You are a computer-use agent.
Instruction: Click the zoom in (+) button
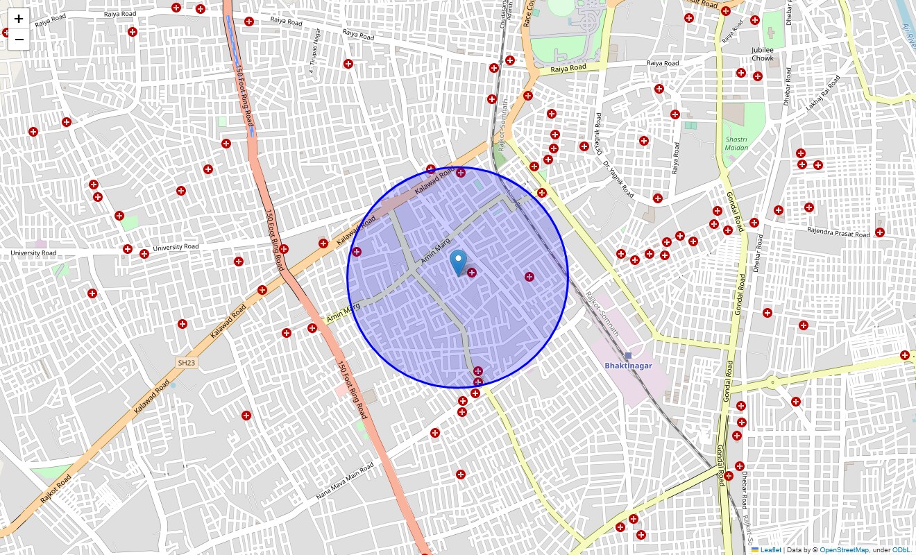(19, 19)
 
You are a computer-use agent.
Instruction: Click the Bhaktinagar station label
(628, 366)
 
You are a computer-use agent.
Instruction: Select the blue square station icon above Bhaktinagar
(629, 355)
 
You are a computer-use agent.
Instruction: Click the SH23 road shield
(185, 362)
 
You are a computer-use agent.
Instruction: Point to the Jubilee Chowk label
(762, 54)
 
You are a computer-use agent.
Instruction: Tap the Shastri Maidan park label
(736, 144)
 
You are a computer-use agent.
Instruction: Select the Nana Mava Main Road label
(345, 482)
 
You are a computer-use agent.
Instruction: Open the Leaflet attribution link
(770, 550)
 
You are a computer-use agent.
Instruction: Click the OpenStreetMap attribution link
(844, 550)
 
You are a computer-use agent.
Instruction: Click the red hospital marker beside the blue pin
(472, 273)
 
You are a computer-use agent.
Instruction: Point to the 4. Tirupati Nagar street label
(315, 51)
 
